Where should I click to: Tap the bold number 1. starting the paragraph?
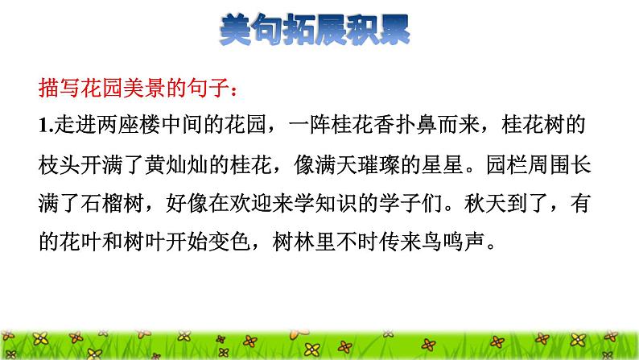[x=45, y=125]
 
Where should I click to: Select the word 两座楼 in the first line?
[x=139, y=125]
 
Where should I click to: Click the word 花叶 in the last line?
[x=83, y=241]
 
